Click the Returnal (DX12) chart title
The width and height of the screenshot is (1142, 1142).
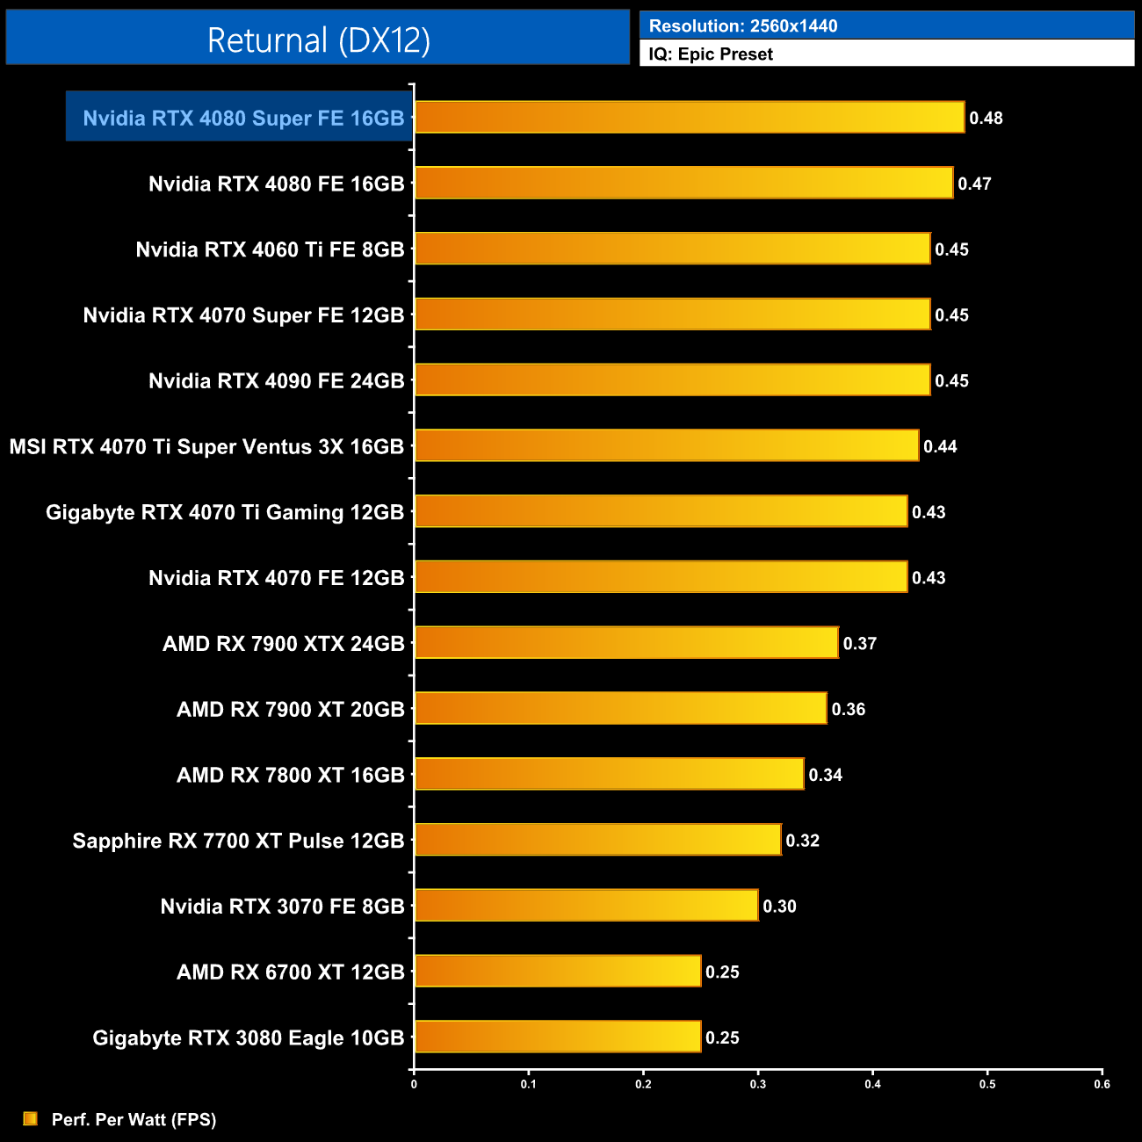point(318,40)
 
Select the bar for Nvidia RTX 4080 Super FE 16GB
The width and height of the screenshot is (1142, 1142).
point(689,117)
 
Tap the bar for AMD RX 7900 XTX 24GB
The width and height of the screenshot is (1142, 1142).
point(625,643)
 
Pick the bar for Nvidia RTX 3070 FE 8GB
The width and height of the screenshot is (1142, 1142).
point(586,906)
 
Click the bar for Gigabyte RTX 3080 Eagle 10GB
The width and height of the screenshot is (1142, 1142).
point(557,1037)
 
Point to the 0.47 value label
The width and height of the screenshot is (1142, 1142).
point(974,184)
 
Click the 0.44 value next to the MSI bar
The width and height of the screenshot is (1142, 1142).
point(940,446)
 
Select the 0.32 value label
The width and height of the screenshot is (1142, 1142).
point(802,841)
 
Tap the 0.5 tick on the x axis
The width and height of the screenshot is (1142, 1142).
point(987,1084)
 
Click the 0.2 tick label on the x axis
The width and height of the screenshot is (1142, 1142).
point(643,1084)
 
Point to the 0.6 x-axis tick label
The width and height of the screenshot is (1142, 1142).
point(1102,1084)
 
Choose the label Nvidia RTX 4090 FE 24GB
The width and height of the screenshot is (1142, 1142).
point(276,380)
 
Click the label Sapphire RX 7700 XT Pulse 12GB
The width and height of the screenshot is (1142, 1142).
point(238,841)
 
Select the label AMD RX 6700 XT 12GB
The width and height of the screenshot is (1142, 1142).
point(290,972)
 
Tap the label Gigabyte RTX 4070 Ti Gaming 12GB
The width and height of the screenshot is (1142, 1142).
point(225,512)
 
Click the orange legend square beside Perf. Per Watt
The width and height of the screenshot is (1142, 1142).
point(30,1118)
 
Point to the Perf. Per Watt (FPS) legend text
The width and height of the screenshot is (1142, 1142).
point(134,1119)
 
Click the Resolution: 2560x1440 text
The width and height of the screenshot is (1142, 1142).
point(743,25)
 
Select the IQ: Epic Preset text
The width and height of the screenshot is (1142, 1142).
point(711,54)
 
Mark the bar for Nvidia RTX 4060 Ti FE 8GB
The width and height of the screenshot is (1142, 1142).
point(672,249)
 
